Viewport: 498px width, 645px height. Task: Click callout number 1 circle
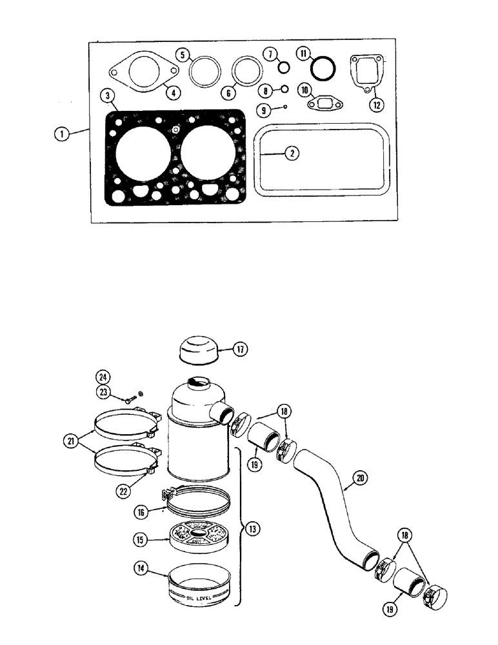(61, 134)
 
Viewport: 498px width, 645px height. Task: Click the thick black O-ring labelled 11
(322, 66)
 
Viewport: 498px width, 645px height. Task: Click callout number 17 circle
(239, 350)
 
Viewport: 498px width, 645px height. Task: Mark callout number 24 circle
(102, 377)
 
